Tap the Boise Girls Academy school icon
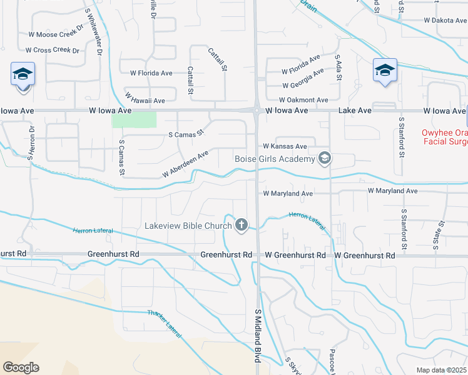click(x=324, y=159)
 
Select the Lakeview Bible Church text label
click(x=188, y=226)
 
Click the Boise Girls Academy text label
click(x=274, y=159)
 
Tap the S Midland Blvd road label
click(x=257, y=335)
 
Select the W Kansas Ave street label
click(x=285, y=146)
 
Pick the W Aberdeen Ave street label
click(x=185, y=164)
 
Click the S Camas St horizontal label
click(x=187, y=134)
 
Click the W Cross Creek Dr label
click(x=53, y=50)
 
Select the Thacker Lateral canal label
click(x=164, y=324)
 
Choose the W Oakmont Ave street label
click(x=303, y=100)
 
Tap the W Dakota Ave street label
click(x=445, y=20)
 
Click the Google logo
click(x=21, y=367)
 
